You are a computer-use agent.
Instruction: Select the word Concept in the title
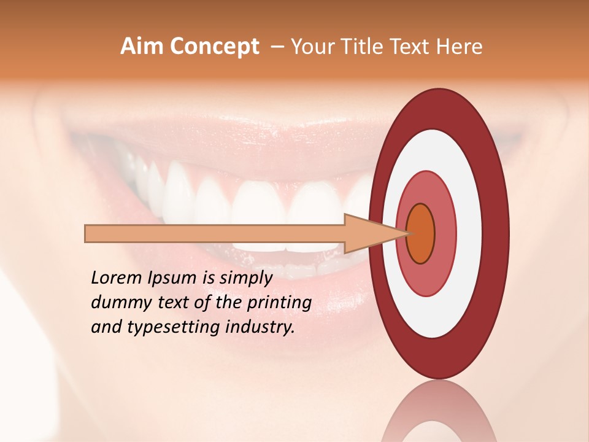(x=215, y=47)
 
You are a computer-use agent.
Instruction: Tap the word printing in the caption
(x=279, y=303)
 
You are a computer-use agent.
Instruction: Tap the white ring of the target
(x=469, y=233)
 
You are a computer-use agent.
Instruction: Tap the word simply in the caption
(x=245, y=278)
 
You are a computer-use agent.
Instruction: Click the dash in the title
(x=277, y=47)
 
